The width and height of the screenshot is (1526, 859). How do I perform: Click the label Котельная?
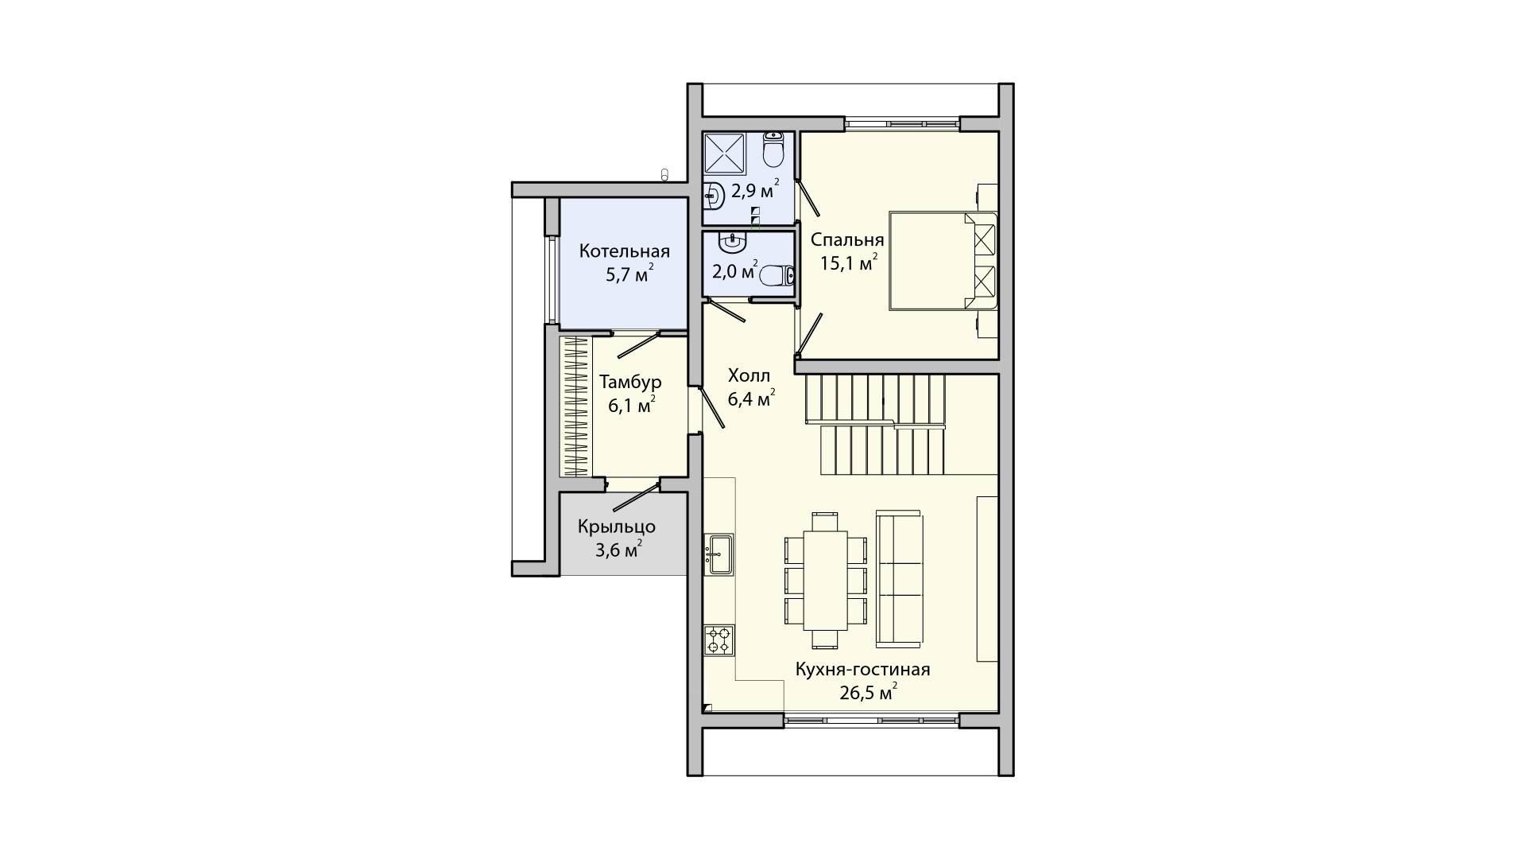pos(624,251)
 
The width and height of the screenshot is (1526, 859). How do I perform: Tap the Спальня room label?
pos(847,240)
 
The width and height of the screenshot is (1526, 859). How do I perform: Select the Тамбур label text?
pos(630,382)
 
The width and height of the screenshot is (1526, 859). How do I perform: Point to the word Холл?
pos(749,375)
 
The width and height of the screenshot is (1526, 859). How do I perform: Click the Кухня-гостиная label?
pos(862,670)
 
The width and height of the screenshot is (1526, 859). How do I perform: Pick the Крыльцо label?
pos(617,527)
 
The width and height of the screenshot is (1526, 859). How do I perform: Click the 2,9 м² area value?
pos(755,191)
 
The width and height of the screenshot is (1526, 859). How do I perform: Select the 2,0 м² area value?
pos(735,271)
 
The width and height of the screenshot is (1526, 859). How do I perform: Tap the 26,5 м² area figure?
pos(869,692)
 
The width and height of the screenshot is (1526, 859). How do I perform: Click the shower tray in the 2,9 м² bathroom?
pos(725,152)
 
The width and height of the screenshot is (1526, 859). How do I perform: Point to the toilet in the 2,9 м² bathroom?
pos(774,149)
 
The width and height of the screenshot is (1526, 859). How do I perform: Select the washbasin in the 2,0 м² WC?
pos(731,241)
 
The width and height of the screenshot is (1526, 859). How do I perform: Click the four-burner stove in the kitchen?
pos(720,640)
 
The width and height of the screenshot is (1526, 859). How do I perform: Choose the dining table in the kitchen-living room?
pos(825,581)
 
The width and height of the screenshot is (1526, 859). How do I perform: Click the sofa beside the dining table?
pos(900,577)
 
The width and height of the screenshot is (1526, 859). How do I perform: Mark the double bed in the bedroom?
pos(943,259)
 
